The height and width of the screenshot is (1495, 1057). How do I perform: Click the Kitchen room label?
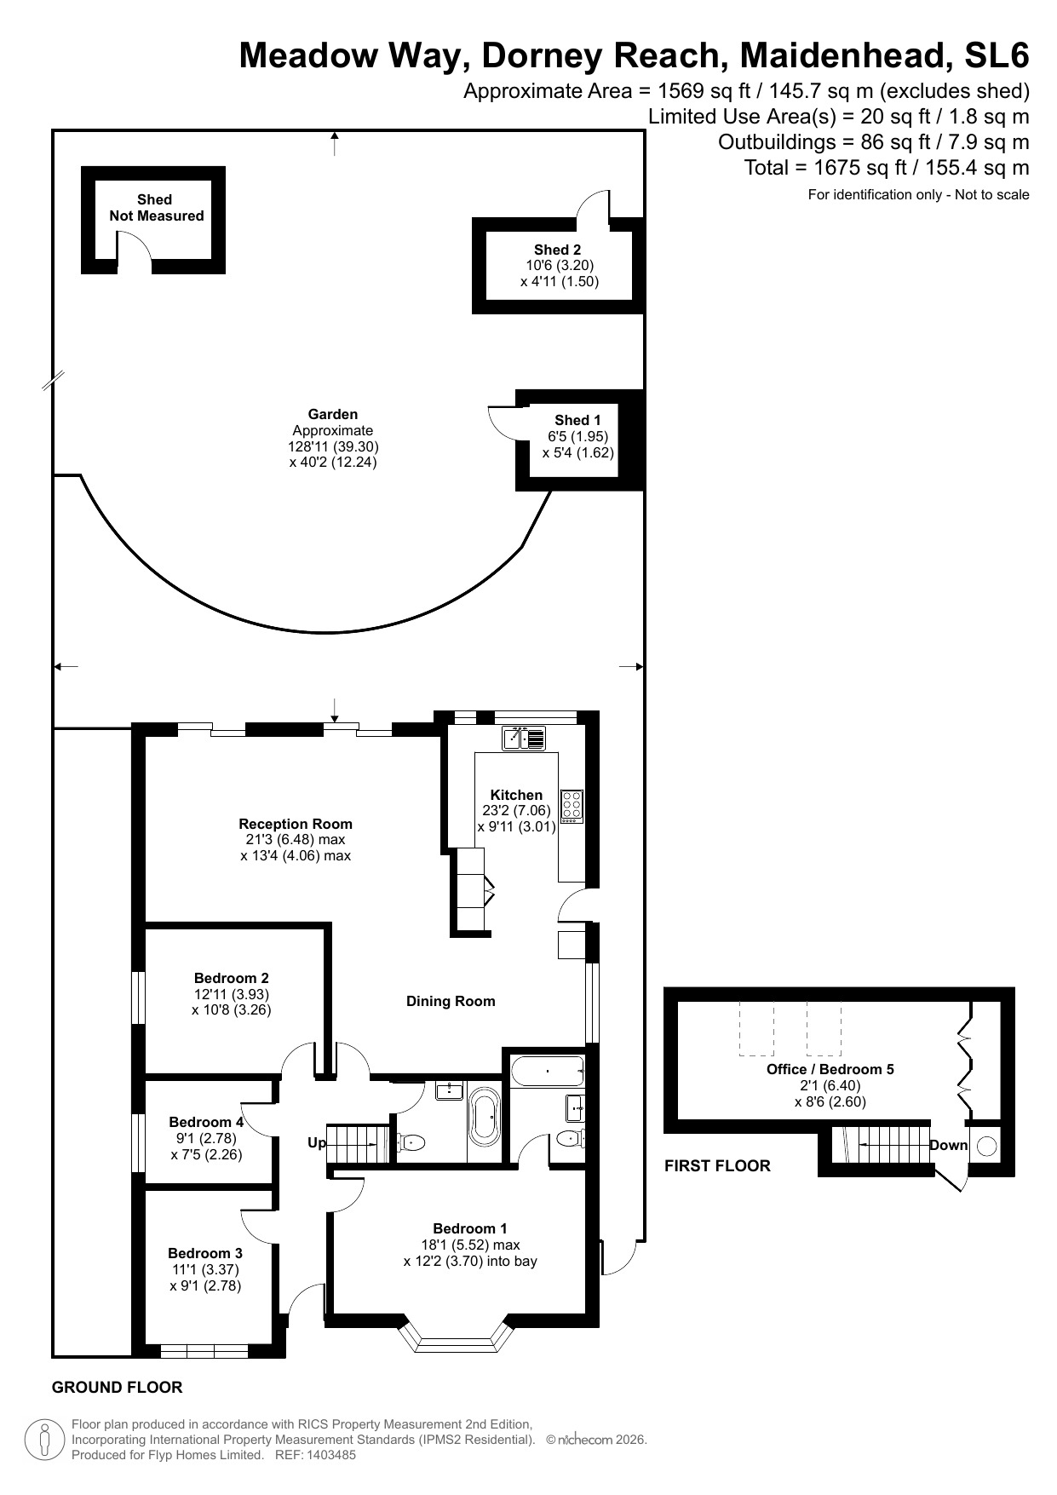coord(516,795)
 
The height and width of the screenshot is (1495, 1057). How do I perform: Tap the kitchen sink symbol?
coord(524,738)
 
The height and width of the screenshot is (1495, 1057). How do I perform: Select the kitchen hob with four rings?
coord(572,807)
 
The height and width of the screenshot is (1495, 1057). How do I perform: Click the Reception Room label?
coord(296,824)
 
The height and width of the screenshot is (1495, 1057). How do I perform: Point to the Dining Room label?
coord(451,1001)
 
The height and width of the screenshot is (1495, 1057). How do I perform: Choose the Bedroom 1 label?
coord(470,1228)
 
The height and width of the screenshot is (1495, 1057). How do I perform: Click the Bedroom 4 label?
coord(206,1122)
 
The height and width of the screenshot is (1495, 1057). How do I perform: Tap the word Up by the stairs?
coord(317,1142)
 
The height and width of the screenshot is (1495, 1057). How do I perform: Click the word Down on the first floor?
coord(949,1145)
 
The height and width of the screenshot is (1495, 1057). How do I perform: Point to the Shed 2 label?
coord(558,250)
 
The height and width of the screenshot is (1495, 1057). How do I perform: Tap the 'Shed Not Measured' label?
coord(156,208)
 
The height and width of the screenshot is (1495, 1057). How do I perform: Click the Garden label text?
coord(333,414)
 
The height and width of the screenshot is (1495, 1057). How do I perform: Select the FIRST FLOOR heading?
coord(717,1166)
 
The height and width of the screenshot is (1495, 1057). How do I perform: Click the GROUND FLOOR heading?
coord(118,1388)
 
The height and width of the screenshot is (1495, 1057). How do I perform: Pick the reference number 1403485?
coord(328,1455)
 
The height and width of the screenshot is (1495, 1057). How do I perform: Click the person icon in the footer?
coord(43,1439)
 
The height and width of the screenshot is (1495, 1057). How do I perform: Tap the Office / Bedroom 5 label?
coord(830,1069)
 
